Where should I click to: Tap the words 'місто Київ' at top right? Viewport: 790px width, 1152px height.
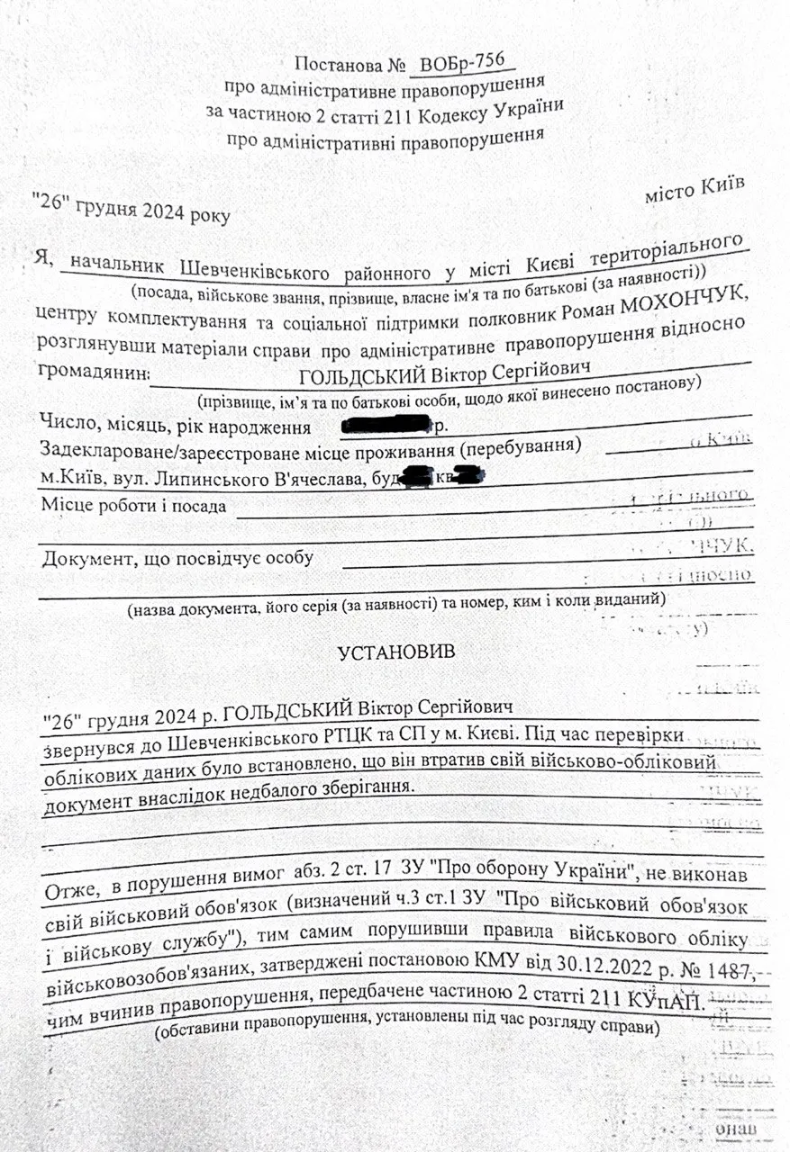coord(695,189)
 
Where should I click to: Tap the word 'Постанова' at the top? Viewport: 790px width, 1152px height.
coord(331,65)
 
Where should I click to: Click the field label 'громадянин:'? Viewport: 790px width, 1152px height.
coord(90,373)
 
